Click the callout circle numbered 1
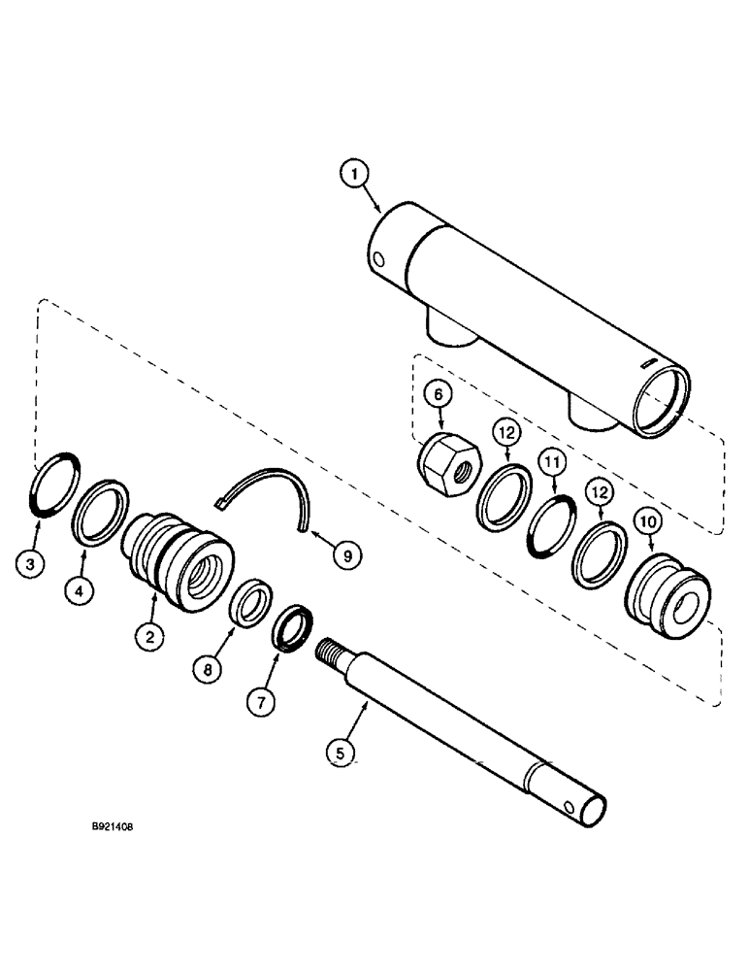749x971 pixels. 356,176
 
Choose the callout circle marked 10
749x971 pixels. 649,521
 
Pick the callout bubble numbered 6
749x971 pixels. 438,395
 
